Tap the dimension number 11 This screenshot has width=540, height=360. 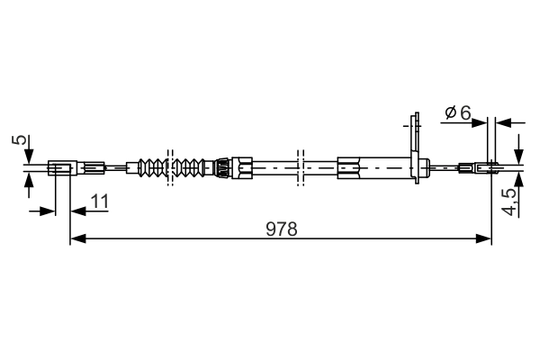click(x=99, y=202)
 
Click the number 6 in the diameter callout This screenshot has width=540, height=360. click(x=464, y=112)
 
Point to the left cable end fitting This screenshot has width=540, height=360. click(x=60, y=166)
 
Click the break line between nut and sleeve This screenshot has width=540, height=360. click(x=301, y=166)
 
